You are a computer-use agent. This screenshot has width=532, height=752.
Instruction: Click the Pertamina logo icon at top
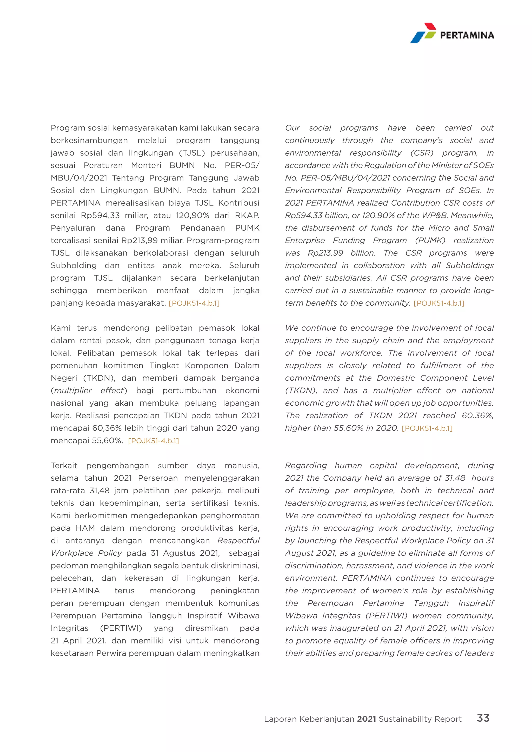click(x=423, y=33)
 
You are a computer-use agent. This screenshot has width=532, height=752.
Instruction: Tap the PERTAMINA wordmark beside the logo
click(x=467, y=35)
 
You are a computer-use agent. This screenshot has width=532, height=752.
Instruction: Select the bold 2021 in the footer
click(x=366, y=719)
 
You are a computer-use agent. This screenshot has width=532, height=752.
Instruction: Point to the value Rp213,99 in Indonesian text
click(x=139, y=240)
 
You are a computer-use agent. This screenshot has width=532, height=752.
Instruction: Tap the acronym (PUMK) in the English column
click(x=430, y=240)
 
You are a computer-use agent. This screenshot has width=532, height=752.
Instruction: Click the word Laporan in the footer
click(x=280, y=719)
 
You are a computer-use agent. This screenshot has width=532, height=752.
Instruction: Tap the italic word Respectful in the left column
click(x=238, y=541)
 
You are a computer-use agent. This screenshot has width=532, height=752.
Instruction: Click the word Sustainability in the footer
click(x=405, y=719)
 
